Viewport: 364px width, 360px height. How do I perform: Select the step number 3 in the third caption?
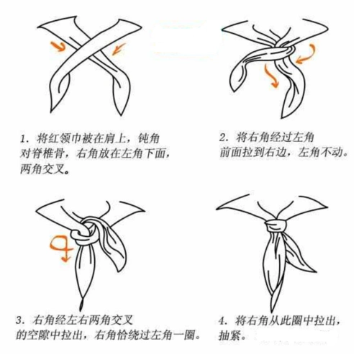click(x=22, y=319)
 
